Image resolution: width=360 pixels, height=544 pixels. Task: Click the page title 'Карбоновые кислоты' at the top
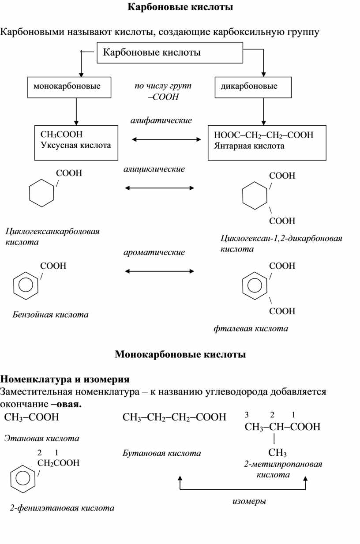pos(180,8)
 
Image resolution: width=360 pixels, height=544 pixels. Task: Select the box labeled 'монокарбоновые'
pos(70,87)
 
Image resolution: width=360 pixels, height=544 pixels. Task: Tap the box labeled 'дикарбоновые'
pos(253,87)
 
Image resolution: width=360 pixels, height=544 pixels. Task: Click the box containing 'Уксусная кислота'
pos(76,142)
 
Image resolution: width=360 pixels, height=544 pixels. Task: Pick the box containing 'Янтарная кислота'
pos(267,142)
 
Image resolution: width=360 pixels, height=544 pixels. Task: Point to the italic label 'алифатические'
pos(161,120)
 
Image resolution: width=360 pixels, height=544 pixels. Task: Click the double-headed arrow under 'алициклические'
pos(159,188)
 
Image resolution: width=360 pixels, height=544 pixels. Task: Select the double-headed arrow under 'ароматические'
pos(159,270)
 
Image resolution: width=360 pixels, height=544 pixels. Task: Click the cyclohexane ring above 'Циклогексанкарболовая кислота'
pos(41,193)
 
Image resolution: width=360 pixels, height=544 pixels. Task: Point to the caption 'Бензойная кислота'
pos(50,315)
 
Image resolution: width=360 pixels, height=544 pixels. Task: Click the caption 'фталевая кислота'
pos(251,328)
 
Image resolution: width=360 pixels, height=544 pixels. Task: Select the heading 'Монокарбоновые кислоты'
pos(180,354)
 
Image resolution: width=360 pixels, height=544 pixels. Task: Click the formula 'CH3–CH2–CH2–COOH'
pos(174,417)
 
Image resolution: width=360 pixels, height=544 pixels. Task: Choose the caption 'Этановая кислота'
pos(41,438)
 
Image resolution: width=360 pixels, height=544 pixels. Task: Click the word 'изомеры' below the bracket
pos(249,501)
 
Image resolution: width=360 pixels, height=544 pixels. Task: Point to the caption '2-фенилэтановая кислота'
pos(62,508)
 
